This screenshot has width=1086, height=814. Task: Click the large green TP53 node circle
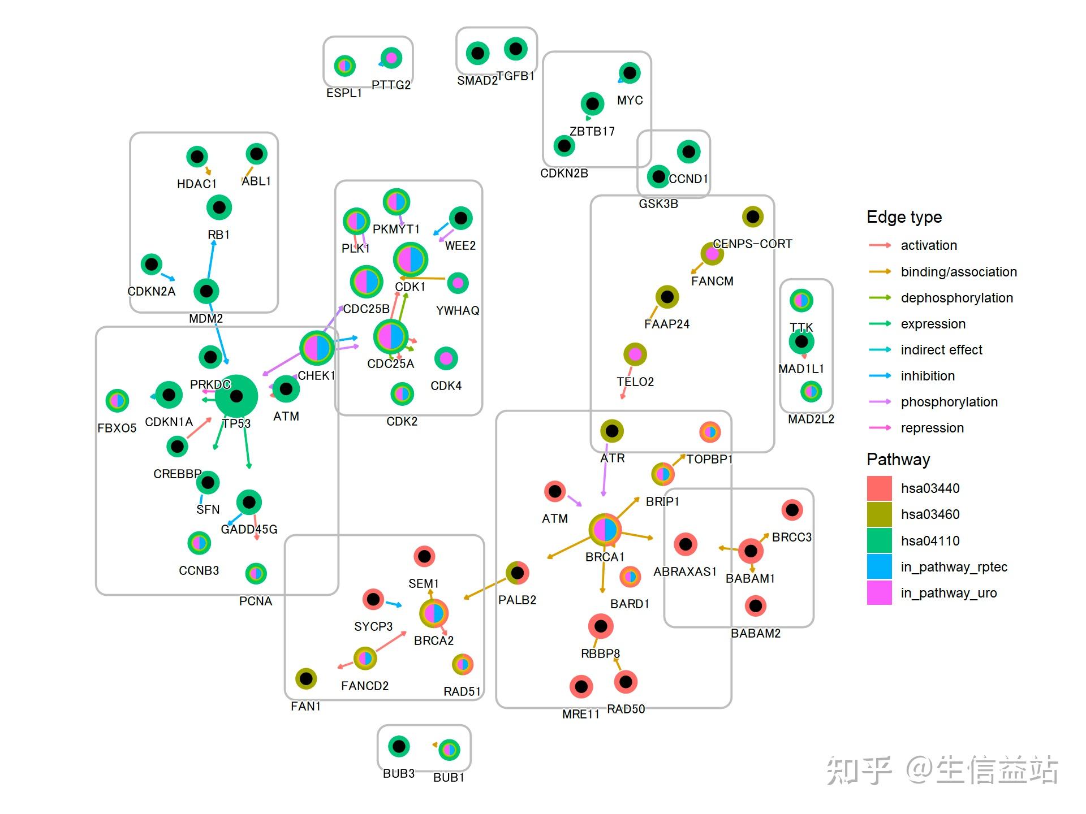pyautogui.click(x=236, y=396)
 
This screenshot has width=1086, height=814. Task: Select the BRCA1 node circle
pyautogui.click(x=605, y=530)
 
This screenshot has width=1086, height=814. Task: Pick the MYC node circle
pyautogui.click(x=630, y=73)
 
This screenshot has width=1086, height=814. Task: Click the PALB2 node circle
pyautogui.click(x=517, y=573)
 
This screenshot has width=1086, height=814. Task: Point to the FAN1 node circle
pyautogui.click(x=306, y=678)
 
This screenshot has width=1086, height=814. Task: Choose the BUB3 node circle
pyautogui.click(x=399, y=746)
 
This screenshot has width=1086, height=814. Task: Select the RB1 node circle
pyautogui.click(x=219, y=207)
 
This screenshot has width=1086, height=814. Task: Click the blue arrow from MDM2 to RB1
pyautogui.click(x=210, y=260)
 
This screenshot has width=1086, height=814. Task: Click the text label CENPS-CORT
pyautogui.click(x=752, y=244)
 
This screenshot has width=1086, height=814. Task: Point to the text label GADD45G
pyautogui.click(x=249, y=529)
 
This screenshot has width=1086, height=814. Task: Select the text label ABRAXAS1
pyautogui.click(x=684, y=571)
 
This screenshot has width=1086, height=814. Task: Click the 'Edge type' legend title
pyautogui.click(x=904, y=217)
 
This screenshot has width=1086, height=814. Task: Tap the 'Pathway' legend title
pyautogui.click(x=898, y=459)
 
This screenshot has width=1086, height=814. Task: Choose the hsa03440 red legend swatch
pyautogui.click(x=879, y=488)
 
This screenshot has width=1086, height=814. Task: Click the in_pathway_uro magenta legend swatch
pyautogui.click(x=879, y=593)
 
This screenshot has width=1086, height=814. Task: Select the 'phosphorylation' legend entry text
pyautogui.click(x=949, y=402)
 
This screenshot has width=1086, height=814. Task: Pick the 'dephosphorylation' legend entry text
pyautogui.click(x=956, y=298)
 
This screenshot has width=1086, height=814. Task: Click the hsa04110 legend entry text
pyautogui.click(x=930, y=541)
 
